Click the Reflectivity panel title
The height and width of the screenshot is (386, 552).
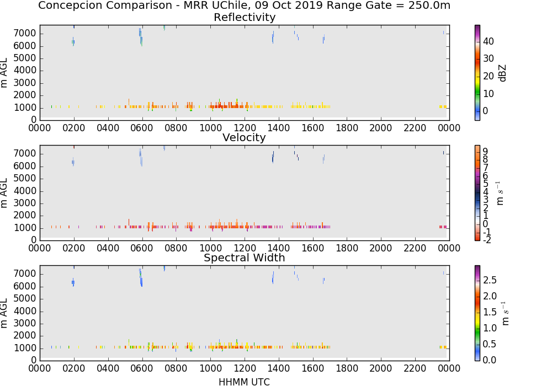pos(245,17)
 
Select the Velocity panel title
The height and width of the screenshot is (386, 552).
pos(244,137)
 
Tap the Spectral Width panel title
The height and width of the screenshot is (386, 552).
pos(245,258)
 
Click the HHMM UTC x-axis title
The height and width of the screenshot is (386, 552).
pos(244,382)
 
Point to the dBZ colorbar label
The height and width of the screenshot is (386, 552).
pos(502,73)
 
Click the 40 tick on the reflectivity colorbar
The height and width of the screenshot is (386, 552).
pos(489,41)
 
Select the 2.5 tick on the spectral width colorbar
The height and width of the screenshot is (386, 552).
pos(490,280)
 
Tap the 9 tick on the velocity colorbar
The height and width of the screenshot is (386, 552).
pos(485,152)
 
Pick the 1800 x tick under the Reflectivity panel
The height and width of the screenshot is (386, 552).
pos(347,128)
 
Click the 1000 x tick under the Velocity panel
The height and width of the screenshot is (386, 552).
pos(210,248)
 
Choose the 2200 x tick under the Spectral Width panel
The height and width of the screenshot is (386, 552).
pos(415,368)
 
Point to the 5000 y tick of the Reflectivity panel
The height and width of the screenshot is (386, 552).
pos(25,58)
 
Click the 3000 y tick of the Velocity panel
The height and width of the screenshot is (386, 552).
pos(25,203)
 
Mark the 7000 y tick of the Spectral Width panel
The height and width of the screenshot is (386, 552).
pos(25,274)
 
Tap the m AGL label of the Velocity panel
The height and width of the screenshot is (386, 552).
pos(4,193)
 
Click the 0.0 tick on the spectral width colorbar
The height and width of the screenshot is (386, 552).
pos(490,360)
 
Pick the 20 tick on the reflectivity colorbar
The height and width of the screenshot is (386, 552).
pos(489,76)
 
